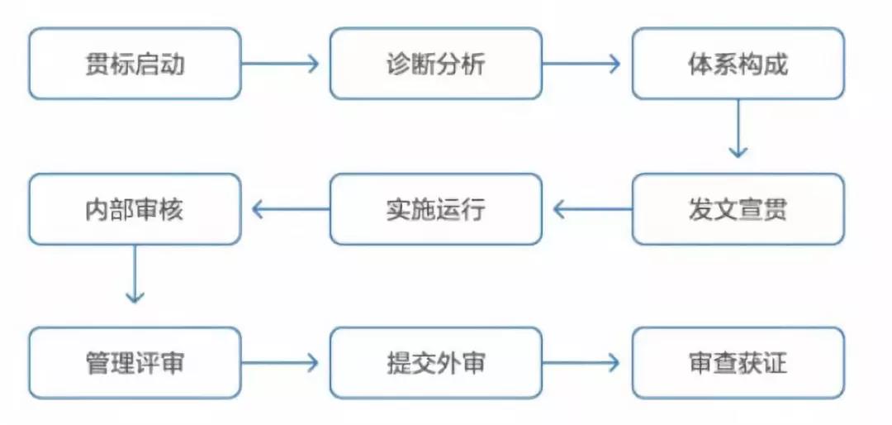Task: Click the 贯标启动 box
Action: (135, 64)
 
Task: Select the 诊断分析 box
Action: (436, 64)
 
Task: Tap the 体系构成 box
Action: (738, 64)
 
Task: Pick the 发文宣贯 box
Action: (738, 209)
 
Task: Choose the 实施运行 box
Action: (436, 209)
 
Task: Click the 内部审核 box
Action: (135, 209)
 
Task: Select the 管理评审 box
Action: (135, 362)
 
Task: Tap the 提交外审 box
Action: (436, 362)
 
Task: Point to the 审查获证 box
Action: (738, 362)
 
